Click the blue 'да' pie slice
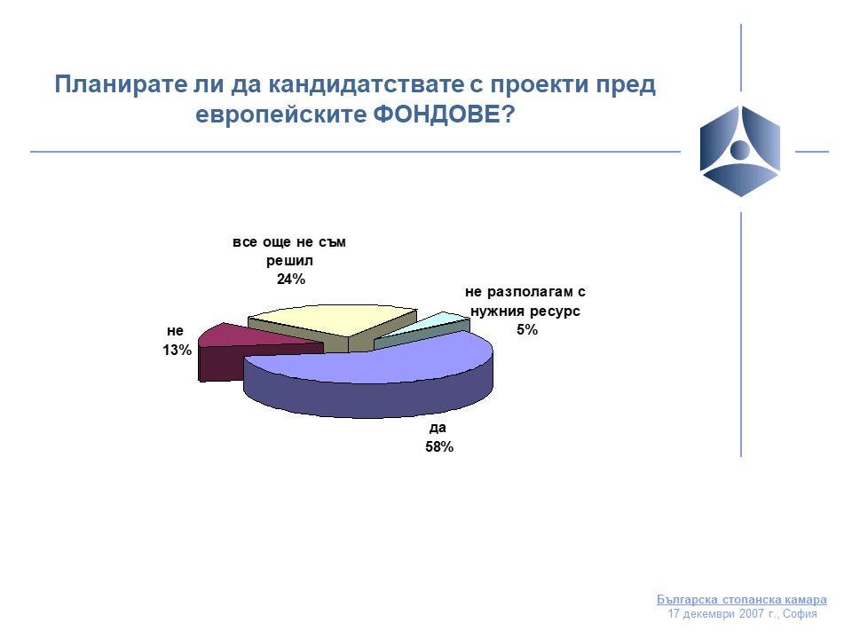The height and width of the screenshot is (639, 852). (369, 375)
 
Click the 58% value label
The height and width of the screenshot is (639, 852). (439, 446)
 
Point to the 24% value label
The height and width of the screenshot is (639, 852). (291, 280)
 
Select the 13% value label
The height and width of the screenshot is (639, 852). (177, 351)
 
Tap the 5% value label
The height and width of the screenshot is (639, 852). (527, 330)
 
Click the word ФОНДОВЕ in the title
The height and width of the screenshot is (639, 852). (444, 114)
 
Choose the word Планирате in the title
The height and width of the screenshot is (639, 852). (121, 85)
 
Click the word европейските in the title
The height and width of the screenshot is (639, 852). (281, 115)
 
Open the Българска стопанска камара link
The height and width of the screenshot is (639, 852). (742, 599)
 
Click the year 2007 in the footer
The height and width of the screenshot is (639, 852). (751, 614)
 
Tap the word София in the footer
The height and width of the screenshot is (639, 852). (800, 614)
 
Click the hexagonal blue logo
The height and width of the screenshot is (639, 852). (740, 151)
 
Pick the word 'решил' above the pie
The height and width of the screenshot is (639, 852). (289, 261)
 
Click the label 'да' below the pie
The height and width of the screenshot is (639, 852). (438, 428)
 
